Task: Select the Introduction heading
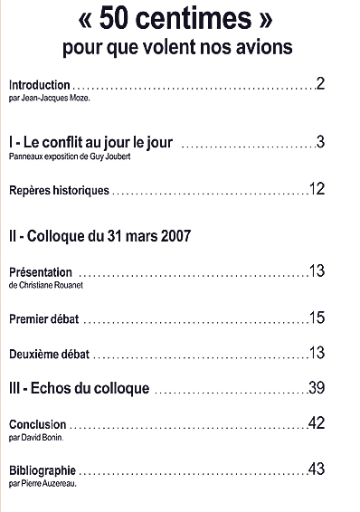[x=38, y=85]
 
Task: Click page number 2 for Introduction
[x=321, y=84]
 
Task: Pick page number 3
[x=321, y=142]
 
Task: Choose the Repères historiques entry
[x=58, y=190]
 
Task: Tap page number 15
[x=317, y=318]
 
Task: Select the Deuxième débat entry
[x=48, y=354]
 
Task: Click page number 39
[x=317, y=388]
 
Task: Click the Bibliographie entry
[x=41, y=470]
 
